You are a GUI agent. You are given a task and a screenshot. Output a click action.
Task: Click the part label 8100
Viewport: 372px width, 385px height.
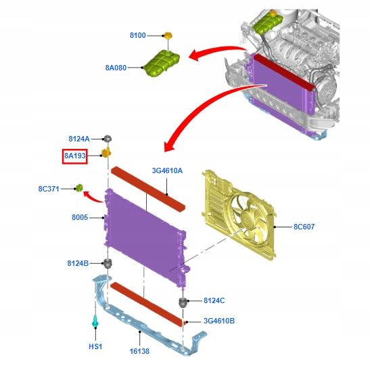click(x=137, y=35)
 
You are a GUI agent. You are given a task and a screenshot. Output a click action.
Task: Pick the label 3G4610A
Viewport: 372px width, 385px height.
click(x=166, y=171)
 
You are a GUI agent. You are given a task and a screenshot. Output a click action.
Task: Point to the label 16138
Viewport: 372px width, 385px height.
click(x=140, y=351)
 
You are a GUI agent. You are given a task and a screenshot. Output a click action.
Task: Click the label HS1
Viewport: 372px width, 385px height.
click(x=96, y=347)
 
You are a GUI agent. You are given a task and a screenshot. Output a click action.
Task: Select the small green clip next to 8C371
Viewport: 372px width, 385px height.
click(x=78, y=187)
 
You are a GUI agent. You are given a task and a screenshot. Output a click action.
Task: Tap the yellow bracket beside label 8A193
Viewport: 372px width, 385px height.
click(x=106, y=153)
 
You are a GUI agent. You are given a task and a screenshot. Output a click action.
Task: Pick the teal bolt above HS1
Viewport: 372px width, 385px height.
click(x=96, y=323)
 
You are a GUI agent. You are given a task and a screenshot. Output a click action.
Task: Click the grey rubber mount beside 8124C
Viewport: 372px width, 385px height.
click(x=183, y=300)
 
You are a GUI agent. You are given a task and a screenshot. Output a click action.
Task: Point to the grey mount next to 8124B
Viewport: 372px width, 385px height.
click(x=107, y=263)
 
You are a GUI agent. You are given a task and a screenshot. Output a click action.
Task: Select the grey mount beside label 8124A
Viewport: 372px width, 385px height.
click(x=107, y=139)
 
